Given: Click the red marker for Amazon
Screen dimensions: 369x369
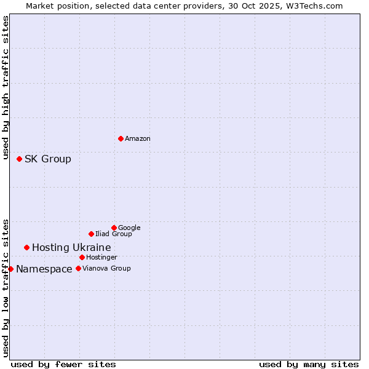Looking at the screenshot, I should (121, 138).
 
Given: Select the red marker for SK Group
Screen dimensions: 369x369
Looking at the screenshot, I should (19, 159).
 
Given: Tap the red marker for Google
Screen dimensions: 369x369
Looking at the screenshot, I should (114, 228).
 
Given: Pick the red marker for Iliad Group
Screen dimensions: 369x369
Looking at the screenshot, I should (91, 234).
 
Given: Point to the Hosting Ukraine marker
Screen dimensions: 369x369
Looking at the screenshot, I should (26, 247).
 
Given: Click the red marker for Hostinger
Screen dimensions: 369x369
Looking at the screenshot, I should (82, 257).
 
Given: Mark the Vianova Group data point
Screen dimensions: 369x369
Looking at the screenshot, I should (78, 268).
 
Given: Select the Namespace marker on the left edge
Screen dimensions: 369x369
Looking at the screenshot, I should (10, 269).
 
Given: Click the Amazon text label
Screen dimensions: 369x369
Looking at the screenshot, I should (138, 139).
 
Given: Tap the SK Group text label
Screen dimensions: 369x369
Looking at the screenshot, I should (48, 159).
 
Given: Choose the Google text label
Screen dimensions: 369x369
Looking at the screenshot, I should (129, 228).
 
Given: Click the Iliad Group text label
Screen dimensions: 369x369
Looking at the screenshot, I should (114, 234).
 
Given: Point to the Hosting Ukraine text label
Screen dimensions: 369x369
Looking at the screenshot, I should (71, 248).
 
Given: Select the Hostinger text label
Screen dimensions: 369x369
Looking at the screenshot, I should (101, 258).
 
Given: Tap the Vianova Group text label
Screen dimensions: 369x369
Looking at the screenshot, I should (106, 269).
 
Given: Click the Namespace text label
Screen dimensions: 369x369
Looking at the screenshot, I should (44, 269).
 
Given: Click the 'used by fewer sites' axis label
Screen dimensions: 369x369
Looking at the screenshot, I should (63, 364).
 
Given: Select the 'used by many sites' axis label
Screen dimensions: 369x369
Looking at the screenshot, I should (309, 364).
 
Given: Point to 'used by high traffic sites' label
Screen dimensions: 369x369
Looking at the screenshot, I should (6, 88).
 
